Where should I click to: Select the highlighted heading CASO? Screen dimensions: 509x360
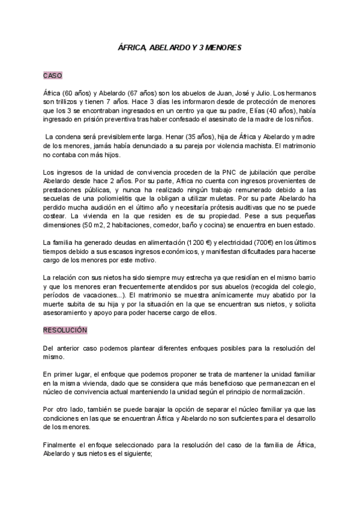pos(52,76)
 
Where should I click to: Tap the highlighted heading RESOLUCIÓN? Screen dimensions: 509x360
pos(65,330)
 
